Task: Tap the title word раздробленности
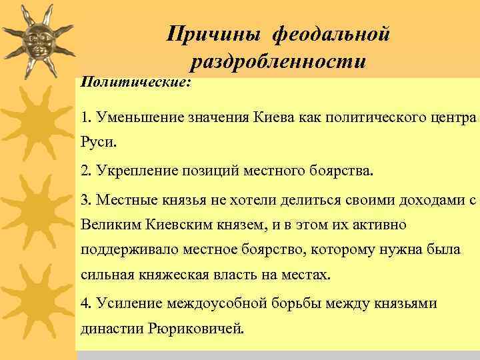pyautogui.click(x=277, y=62)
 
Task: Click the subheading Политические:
pyautogui.click(x=135, y=81)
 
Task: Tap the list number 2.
pyautogui.click(x=85, y=170)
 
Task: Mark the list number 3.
pyautogui.click(x=85, y=199)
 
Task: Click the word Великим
pyautogui.click(x=108, y=225)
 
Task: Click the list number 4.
pyautogui.click(x=85, y=303)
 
